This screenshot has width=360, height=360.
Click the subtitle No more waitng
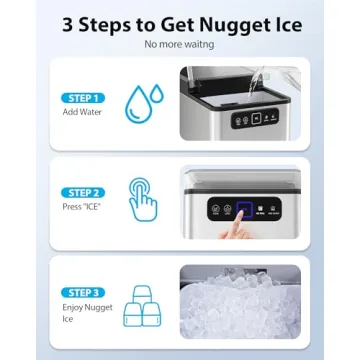coord(180,44)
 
